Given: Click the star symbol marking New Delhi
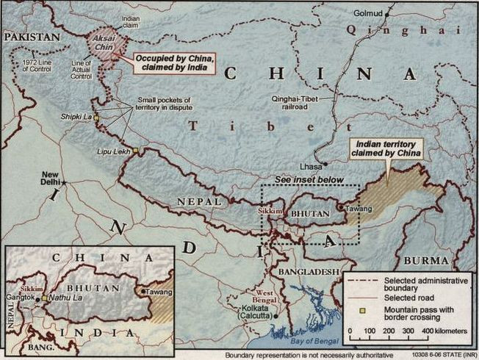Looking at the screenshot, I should tap(64, 181).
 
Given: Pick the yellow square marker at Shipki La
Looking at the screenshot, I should tap(96, 119).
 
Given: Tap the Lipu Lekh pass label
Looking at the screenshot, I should tap(112, 150).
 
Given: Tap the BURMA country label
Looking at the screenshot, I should tap(425, 261).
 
